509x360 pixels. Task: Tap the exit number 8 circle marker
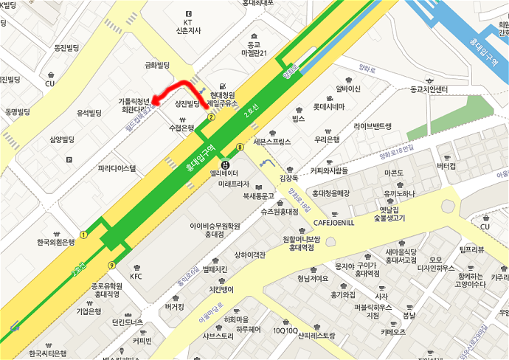tap(240, 146)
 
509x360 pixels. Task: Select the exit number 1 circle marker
tap(84, 235)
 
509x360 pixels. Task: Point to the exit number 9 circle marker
tap(111, 265)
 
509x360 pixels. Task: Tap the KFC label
tap(136, 277)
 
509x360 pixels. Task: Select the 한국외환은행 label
tap(56, 242)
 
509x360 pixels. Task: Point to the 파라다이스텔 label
tap(117, 168)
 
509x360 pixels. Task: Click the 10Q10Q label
tap(285, 330)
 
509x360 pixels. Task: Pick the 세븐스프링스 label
tap(272, 141)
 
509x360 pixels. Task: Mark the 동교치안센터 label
tap(419, 89)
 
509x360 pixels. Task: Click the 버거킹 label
tap(175, 305)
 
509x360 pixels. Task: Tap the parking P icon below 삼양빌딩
tap(70, 159)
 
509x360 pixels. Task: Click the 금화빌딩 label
tap(158, 65)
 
